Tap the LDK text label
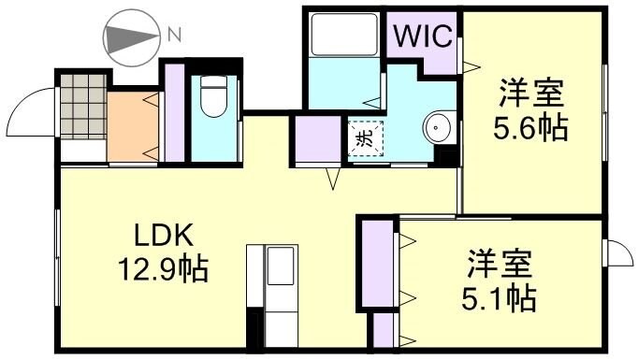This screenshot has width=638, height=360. tap(156, 235)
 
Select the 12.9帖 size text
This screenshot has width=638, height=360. tap(157, 270)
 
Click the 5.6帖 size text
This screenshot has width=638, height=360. tap(530, 128)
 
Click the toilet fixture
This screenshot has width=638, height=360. tap(213, 97)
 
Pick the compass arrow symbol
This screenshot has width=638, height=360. tap(132, 37)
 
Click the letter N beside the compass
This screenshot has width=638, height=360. tap(173, 36)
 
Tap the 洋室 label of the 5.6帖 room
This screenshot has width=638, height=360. tap(530, 94)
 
